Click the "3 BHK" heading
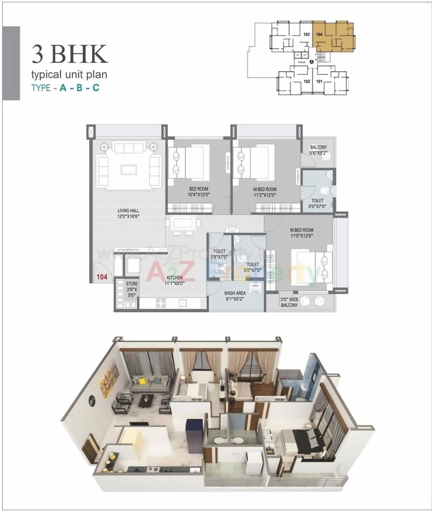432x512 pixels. click(x=69, y=54)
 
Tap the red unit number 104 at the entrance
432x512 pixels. click(x=102, y=277)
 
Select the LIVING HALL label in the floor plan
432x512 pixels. click(x=128, y=213)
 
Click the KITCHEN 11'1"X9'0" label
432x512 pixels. click(x=174, y=280)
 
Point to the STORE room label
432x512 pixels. click(x=132, y=289)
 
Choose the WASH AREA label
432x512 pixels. click(x=235, y=296)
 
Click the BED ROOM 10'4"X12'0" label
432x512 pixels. click(x=199, y=192)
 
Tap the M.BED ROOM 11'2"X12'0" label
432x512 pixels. click(x=265, y=192)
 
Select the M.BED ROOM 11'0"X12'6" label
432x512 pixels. click(x=301, y=233)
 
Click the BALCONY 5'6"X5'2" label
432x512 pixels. click(x=318, y=150)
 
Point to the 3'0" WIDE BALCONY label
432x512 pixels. click(x=289, y=302)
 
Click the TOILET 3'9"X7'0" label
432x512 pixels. click(x=219, y=254)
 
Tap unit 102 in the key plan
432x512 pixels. click(x=307, y=81)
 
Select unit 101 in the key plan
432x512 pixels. click(x=319, y=81)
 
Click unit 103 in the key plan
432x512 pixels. click(x=306, y=34)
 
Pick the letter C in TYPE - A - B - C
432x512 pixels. click(x=95, y=88)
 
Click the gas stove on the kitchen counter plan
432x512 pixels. click(x=161, y=303)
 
